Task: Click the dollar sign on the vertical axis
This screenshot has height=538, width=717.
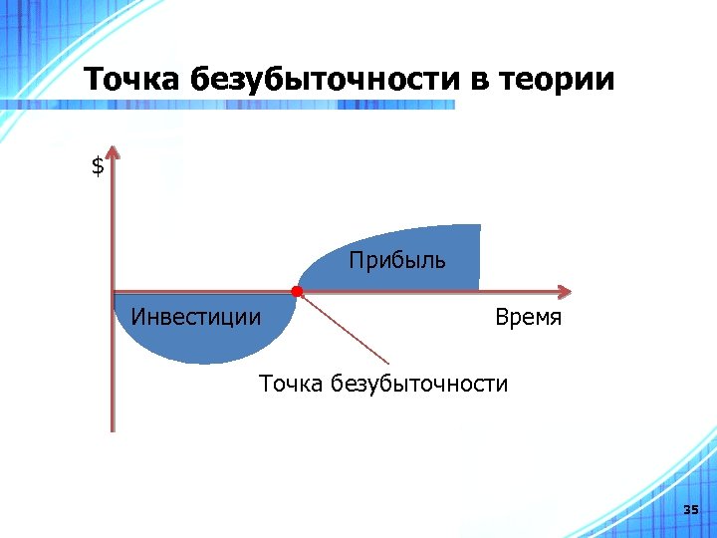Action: pos(97,167)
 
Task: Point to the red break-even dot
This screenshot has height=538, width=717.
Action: pos(297,291)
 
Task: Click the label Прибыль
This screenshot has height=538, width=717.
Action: pos(397,261)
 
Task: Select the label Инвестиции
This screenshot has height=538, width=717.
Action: pos(196,318)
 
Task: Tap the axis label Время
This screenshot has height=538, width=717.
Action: pos(528,318)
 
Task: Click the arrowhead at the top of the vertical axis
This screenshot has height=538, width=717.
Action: pos(113,152)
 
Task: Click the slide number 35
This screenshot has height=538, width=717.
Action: pos(691,510)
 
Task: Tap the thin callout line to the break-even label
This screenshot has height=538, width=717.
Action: pos(344,329)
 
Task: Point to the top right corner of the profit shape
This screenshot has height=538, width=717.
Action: pos(479,225)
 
